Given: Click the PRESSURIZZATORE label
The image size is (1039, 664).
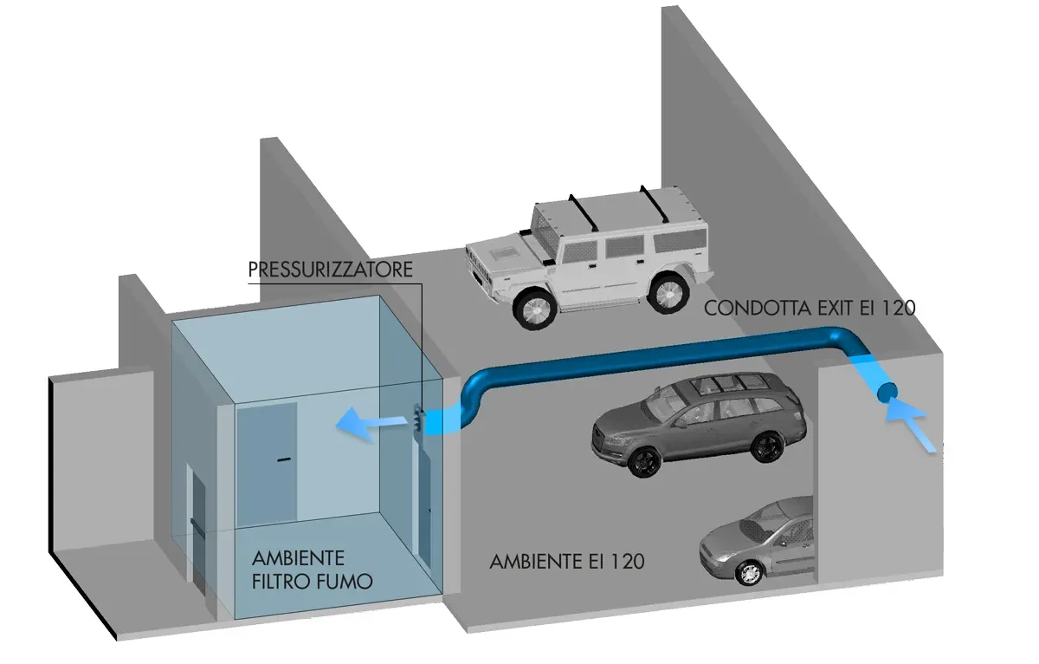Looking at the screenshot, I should click(330, 269).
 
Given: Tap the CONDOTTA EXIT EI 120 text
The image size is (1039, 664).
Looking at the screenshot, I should click(810, 308).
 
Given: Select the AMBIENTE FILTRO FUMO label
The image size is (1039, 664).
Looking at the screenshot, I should click(312, 569).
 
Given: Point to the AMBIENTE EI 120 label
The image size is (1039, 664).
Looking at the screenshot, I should click(567, 562).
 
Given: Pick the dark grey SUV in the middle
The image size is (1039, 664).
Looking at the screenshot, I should click(698, 421).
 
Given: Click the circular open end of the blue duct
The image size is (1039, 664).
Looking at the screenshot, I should click(887, 392).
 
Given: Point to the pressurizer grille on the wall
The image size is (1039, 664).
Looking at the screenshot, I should click(418, 420).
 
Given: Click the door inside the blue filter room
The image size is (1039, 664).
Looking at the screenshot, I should click(267, 464).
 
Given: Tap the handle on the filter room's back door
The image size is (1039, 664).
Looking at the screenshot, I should click(282, 459).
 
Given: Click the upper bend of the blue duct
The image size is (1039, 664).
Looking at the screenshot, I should click(844, 339).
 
